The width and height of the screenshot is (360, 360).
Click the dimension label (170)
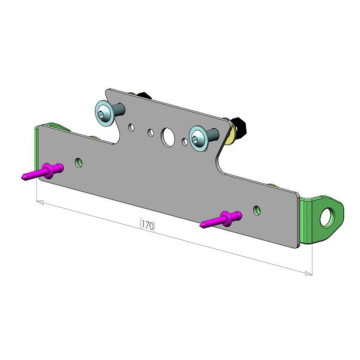(x=148, y=224)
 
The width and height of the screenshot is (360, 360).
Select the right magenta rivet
(x=223, y=219)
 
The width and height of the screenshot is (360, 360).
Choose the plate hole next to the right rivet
(x=257, y=210)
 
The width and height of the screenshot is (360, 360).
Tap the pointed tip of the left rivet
(x=22, y=178)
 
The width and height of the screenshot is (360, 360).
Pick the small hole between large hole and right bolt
(x=184, y=142)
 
